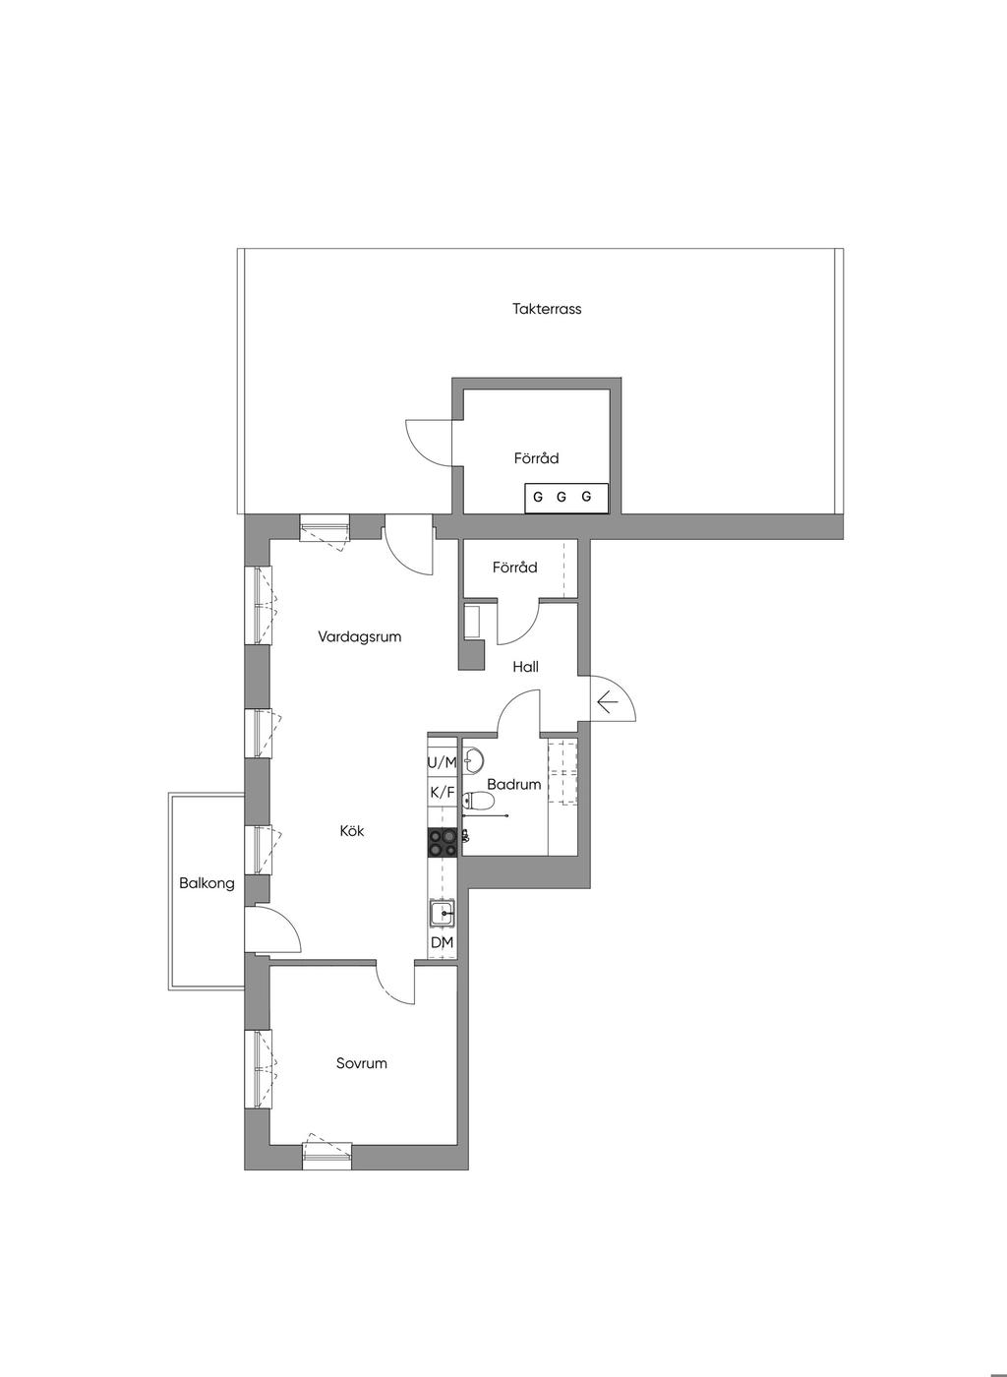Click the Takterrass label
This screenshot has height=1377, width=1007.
pyautogui.click(x=547, y=309)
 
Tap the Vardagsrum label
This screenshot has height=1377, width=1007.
pyautogui.click(x=360, y=637)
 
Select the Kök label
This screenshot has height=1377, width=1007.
pyautogui.click(x=352, y=831)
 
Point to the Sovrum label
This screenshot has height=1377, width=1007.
pyautogui.click(x=362, y=1063)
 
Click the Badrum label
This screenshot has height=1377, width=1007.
pyautogui.click(x=514, y=785)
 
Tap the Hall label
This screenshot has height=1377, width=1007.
pyautogui.click(x=526, y=667)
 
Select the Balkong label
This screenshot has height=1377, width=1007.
pyautogui.click(x=207, y=883)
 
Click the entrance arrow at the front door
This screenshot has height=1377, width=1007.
pyautogui.click(x=607, y=701)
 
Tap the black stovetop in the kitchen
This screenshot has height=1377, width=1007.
pyautogui.click(x=443, y=842)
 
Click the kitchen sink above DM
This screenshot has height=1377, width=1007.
pyautogui.click(x=443, y=914)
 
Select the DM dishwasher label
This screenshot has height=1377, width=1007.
pyautogui.click(x=442, y=942)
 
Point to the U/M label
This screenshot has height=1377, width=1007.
pyautogui.click(x=443, y=763)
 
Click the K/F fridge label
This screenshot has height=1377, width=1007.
pyautogui.click(x=443, y=793)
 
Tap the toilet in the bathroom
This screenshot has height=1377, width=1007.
pyautogui.click(x=478, y=801)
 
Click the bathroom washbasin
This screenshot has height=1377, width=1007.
pyautogui.click(x=473, y=760)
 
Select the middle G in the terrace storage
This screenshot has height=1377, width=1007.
pyautogui.click(x=562, y=497)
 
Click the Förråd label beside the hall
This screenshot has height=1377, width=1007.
pyautogui.click(x=514, y=568)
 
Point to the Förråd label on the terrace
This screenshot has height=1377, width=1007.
pyautogui.click(x=537, y=458)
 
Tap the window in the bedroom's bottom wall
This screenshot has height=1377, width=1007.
pyautogui.click(x=327, y=1158)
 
